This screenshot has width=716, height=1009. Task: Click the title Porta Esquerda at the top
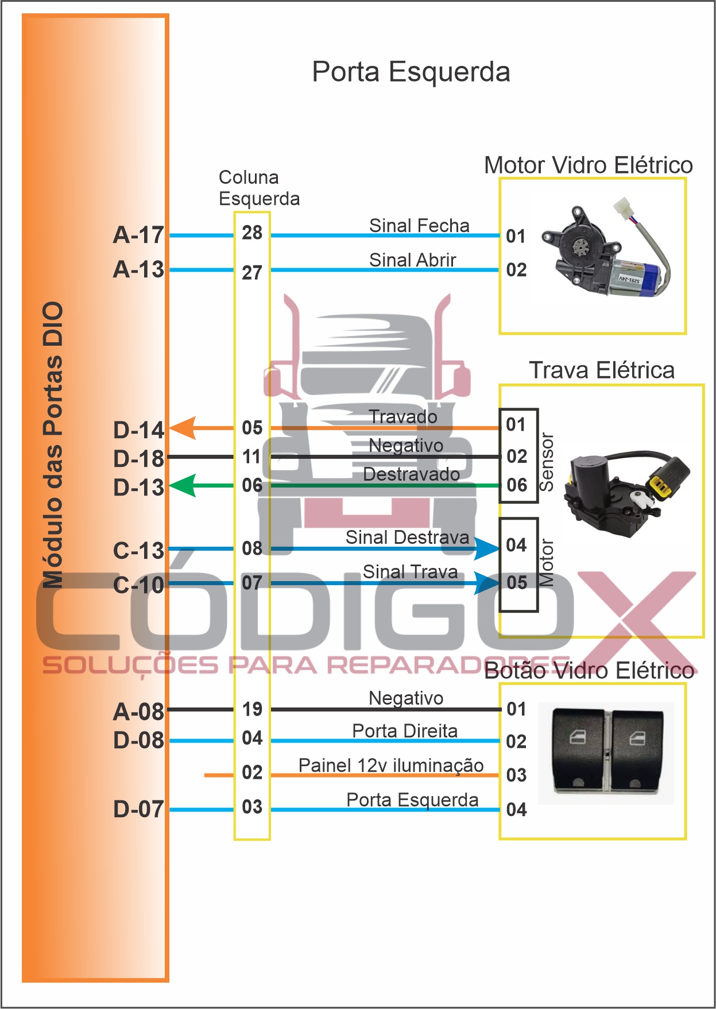point(411,72)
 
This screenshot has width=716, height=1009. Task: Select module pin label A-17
point(138,235)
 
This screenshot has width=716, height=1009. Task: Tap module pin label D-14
point(138,430)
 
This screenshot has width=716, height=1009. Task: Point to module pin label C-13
point(138,551)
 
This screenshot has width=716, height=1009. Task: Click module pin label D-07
point(138,809)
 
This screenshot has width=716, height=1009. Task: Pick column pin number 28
point(252,233)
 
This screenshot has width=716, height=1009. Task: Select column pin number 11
point(252,457)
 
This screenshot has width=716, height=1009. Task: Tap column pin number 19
point(252,709)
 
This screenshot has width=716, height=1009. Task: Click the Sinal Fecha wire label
point(419,226)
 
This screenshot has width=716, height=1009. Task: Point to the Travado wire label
point(403,417)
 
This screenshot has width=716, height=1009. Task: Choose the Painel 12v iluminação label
point(391,766)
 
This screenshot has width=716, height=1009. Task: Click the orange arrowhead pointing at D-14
point(184,428)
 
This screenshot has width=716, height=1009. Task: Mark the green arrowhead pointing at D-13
point(184,485)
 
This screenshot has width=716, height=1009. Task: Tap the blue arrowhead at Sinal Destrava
point(487,548)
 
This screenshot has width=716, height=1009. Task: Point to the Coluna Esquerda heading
point(259,188)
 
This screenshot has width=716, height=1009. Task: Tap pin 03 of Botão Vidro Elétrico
point(516,775)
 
